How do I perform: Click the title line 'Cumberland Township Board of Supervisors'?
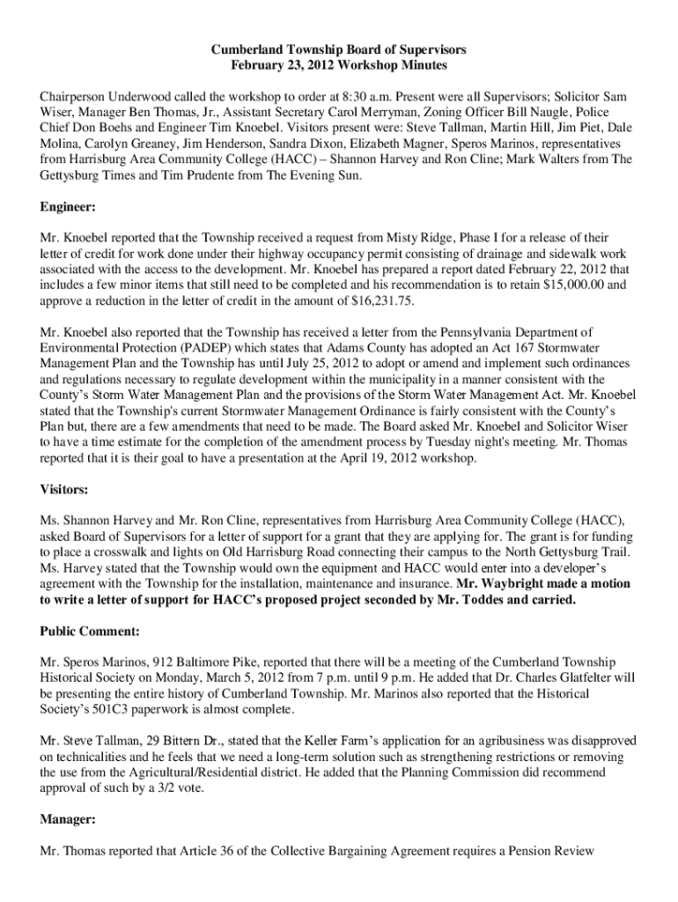pyautogui.click(x=338, y=50)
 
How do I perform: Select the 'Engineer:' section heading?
pyautogui.click(x=68, y=207)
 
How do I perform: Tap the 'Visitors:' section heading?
pyautogui.click(x=63, y=490)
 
